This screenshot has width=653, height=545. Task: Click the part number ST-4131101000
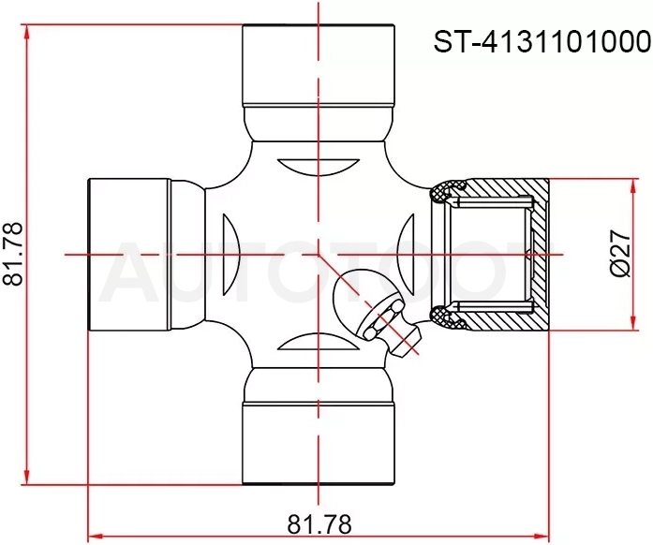click(542, 42)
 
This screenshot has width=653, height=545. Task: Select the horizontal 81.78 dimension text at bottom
click(319, 523)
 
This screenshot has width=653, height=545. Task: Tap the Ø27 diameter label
click(620, 253)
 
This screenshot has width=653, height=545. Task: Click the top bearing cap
click(319, 65)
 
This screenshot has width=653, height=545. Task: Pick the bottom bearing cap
click(319, 444)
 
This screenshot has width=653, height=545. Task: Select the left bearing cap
click(129, 255)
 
